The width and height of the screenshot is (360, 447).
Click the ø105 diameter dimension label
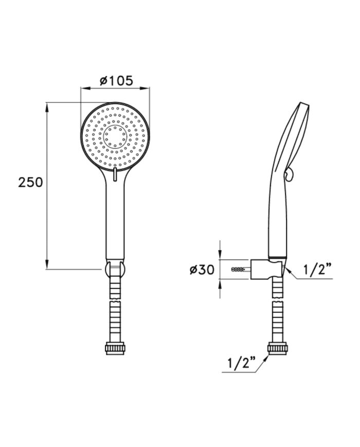click(x=116, y=81)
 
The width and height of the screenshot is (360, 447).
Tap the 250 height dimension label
click(x=30, y=182)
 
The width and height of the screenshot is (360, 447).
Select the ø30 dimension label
click(x=202, y=270)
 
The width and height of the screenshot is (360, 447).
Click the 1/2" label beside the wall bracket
click(x=317, y=269)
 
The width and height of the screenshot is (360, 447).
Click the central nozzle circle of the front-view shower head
click(x=115, y=136)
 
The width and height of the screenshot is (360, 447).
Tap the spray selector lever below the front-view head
click(x=115, y=174)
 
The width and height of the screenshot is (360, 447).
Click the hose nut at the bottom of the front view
click(x=115, y=348)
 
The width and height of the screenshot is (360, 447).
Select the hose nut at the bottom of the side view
click(x=278, y=348)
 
